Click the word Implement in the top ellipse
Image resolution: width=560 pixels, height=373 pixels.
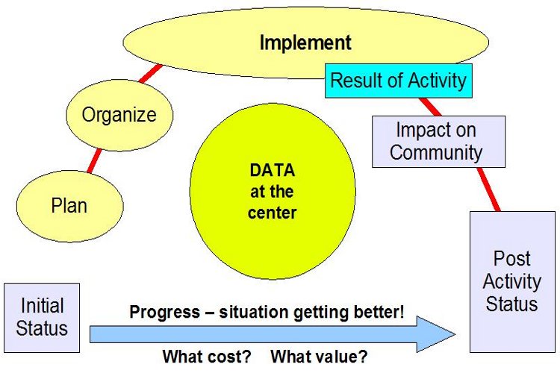tap(305, 43)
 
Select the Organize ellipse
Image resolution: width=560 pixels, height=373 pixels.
tap(119, 115)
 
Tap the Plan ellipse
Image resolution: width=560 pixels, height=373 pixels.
tap(70, 206)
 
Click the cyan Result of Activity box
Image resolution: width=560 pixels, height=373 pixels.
tap(399, 81)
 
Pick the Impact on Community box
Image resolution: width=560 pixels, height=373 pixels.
tap(438, 141)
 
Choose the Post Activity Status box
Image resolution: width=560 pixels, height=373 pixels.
tap(512, 282)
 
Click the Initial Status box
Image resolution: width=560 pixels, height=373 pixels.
tap(42, 318)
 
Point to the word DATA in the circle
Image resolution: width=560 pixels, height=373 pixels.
tap(272, 170)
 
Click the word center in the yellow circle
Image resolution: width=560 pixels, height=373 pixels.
tap(272, 213)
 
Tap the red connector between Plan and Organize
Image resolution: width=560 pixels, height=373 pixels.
tap(95, 161)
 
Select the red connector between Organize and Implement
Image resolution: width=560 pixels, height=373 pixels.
tap(150, 74)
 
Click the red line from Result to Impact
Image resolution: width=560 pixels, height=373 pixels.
tap(430, 107)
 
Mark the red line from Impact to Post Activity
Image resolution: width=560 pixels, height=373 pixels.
tap(488, 189)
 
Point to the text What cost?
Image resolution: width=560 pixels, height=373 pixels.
tap(207, 357)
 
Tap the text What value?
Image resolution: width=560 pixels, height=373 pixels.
tap(319, 357)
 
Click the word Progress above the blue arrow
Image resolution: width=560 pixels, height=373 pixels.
tap(165, 313)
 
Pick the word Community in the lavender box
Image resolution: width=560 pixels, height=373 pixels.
tap(436, 152)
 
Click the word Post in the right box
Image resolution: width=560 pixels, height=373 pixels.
tap(511, 258)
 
